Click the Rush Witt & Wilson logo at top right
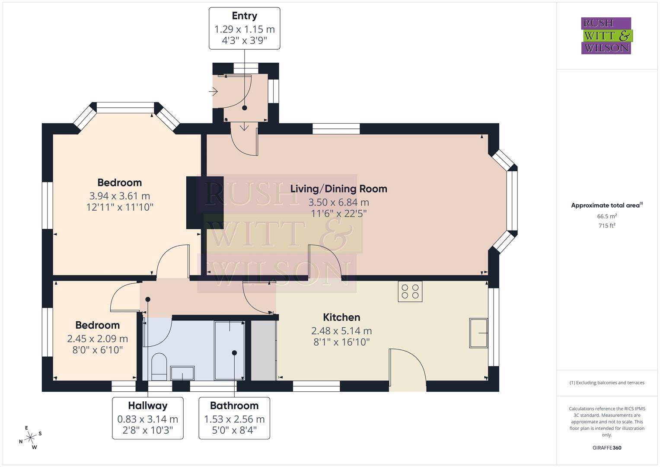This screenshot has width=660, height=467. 606,35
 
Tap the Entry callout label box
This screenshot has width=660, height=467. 244,29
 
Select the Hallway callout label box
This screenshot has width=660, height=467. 148,418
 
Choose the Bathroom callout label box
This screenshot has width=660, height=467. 234,418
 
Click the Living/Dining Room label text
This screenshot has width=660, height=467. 338,189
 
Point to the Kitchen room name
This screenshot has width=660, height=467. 341,317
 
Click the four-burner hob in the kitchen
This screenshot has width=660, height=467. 410,291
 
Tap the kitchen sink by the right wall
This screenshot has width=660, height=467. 478,333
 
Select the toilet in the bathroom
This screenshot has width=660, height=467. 159,365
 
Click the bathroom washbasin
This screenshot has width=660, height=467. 182,372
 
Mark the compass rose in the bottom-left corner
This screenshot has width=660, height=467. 30,438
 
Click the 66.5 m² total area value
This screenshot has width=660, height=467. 607,216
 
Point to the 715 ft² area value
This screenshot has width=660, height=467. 607,226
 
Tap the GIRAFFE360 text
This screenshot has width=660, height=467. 607,448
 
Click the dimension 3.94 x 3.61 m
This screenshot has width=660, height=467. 119,196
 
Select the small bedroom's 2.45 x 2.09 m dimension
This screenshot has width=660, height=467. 97,339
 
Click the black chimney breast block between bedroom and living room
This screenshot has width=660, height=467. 204,202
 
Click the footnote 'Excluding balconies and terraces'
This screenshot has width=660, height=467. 607,383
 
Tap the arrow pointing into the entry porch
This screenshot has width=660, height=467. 214,91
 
